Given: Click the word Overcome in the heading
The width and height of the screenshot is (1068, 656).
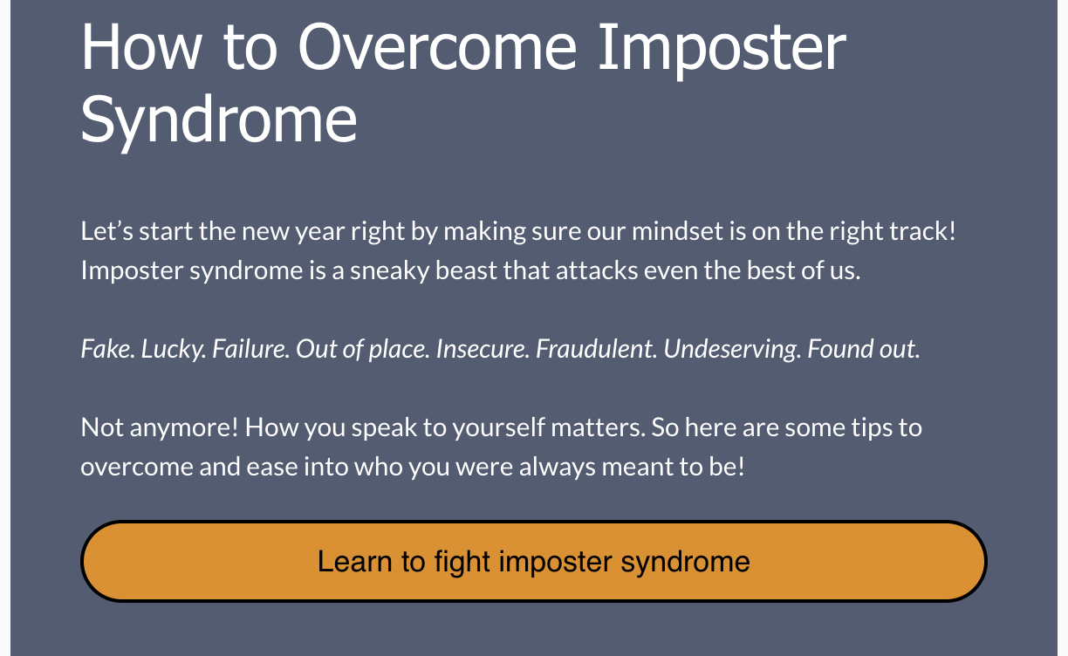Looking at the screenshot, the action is click(x=437, y=48).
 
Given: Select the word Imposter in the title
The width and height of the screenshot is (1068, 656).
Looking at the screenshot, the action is click(x=722, y=51).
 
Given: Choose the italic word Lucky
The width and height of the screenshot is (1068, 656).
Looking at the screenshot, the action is click(x=174, y=350).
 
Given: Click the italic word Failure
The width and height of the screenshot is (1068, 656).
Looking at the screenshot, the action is click(x=250, y=349).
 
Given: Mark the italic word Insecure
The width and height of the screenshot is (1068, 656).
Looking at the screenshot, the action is click(x=483, y=349).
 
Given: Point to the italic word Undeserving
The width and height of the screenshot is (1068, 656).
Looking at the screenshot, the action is click(x=732, y=350).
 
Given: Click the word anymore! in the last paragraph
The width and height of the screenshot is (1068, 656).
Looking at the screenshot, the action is click(x=183, y=427).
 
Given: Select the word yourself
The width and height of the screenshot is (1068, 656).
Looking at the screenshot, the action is click(x=499, y=427).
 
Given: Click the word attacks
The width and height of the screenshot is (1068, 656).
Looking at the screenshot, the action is click(x=597, y=270).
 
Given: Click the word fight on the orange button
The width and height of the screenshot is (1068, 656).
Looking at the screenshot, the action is click(x=462, y=562).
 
